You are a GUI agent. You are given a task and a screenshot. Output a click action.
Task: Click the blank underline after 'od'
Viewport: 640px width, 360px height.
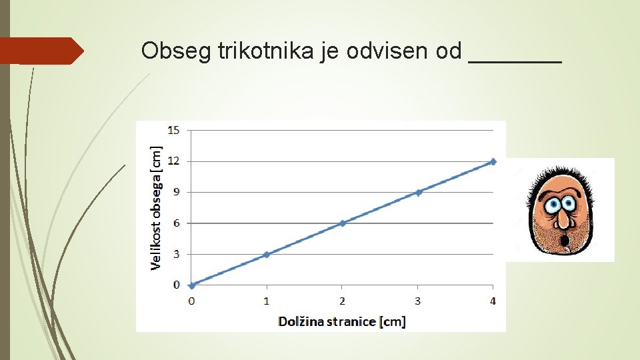(x=515, y=60)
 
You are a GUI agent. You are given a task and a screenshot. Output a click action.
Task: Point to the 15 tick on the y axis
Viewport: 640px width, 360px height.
(x=173, y=130)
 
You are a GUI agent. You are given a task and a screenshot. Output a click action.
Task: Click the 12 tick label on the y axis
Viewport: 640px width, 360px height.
(x=173, y=161)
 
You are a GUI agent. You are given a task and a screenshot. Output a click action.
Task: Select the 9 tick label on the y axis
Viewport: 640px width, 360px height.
(x=176, y=192)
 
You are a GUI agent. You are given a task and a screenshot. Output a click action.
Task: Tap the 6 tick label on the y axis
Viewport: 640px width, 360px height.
(x=176, y=223)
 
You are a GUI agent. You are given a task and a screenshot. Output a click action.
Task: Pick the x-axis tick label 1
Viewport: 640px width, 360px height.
(x=267, y=301)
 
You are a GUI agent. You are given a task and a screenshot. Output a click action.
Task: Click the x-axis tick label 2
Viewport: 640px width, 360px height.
(x=342, y=301)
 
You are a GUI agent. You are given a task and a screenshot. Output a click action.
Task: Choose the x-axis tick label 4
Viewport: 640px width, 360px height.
(x=493, y=301)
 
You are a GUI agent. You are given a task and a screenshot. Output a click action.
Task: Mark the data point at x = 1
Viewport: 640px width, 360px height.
(x=267, y=254)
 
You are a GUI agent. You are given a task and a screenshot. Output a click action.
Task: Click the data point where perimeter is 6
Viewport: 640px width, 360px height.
(x=343, y=223)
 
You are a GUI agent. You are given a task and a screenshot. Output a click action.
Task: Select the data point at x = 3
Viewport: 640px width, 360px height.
(x=418, y=192)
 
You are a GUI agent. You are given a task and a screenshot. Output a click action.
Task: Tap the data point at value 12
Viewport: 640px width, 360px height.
(x=493, y=161)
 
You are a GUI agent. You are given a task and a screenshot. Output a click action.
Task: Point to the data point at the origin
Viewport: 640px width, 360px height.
(x=192, y=285)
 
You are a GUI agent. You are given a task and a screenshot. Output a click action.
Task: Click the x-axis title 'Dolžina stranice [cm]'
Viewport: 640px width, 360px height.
(x=341, y=321)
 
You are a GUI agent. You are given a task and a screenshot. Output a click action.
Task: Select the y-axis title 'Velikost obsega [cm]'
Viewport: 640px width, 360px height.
(x=156, y=208)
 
